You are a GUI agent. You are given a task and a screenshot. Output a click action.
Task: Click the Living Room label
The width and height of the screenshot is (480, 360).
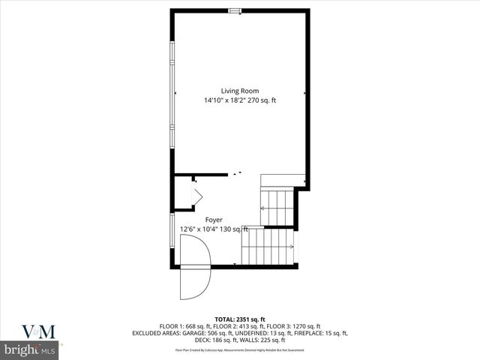(239, 91)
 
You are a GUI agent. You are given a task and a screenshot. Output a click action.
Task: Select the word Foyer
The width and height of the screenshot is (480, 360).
(214, 220)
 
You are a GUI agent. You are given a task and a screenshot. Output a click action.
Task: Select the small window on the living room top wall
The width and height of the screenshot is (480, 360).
(235, 10)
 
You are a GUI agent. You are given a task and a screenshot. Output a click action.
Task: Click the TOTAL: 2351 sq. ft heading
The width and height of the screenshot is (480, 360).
(239, 319)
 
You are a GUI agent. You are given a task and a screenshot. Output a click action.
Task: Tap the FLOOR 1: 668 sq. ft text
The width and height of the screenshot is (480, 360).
(187, 326)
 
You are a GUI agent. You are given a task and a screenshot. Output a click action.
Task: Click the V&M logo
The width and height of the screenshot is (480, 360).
(30, 331)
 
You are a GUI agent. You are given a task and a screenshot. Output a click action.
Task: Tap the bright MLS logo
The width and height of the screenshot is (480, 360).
(29, 350)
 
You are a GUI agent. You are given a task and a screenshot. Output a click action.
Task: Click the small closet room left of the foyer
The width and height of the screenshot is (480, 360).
(184, 193)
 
